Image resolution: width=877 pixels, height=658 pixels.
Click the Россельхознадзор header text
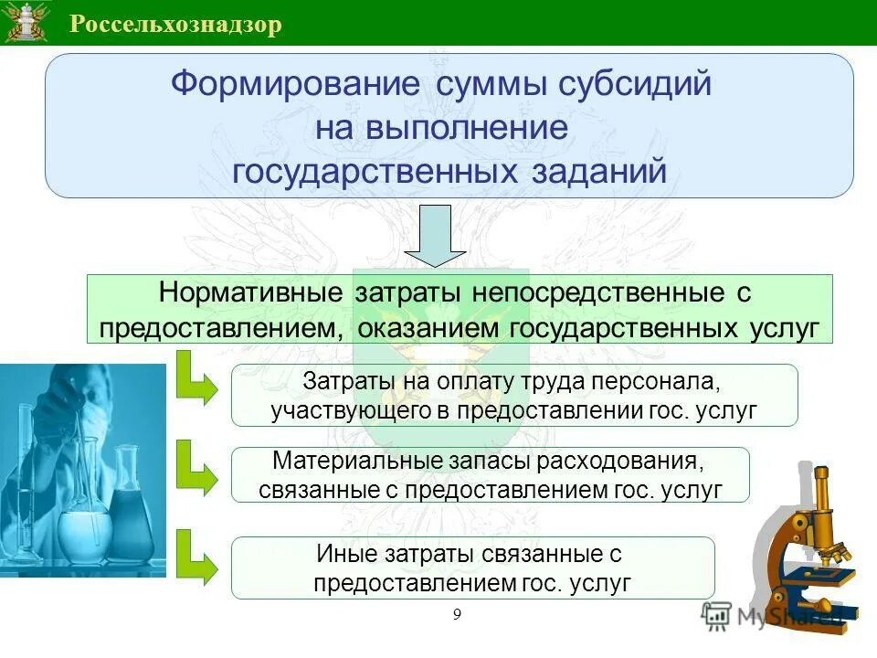point(175,24)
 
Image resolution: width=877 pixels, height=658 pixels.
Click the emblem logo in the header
point(26,23)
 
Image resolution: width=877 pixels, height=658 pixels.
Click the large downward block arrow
point(441,236)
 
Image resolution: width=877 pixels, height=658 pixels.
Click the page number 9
point(457,614)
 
